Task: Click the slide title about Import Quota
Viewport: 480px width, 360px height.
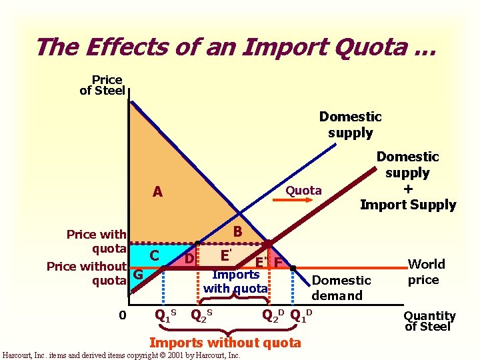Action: click(x=235, y=47)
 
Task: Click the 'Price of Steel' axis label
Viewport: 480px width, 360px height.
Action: click(x=103, y=85)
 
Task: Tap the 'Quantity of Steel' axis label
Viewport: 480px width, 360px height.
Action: click(x=429, y=321)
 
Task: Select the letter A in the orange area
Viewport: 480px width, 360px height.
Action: click(x=157, y=192)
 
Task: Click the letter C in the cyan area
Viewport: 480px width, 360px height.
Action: click(x=154, y=255)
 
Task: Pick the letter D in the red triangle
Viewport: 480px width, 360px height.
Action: click(x=189, y=257)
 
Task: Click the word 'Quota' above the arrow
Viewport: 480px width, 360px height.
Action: click(x=303, y=191)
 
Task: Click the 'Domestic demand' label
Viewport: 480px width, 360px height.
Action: click(x=341, y=288)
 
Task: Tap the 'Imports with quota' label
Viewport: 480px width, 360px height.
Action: click(x=235, y=281)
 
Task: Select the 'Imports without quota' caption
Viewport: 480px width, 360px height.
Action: click(x=225, y=343)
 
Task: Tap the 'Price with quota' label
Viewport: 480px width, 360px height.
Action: click(x=96, y=241)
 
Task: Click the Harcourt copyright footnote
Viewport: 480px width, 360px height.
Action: click(x=121, y=355)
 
